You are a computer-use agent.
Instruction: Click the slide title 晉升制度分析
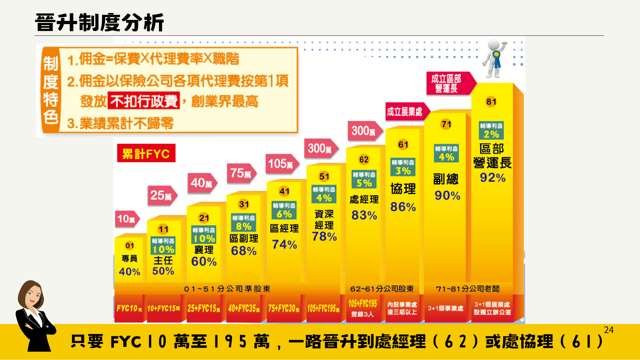tap(99, 23)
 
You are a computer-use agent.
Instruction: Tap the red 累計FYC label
tap(146, 153)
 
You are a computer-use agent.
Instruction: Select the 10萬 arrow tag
tap(127, 219)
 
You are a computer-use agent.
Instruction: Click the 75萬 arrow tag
tap(241, 173)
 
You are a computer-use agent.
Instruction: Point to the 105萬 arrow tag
tap(281, 164)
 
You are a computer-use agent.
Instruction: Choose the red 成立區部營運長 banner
tap(448, 83)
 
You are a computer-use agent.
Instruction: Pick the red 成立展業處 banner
tap(405, 112)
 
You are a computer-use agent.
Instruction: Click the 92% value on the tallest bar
tap(493, 178)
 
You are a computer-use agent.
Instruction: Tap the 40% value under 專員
tap(129, 272)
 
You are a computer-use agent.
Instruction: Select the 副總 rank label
tap(446, 179)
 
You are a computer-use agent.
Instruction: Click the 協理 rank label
tap(403, 189)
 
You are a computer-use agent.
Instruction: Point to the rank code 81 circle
tap(491, 102)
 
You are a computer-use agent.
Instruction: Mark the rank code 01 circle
tap(130, 246)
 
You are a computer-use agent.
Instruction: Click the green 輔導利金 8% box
tap(244, 223)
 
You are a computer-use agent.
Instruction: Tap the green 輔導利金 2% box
tap(491, 130)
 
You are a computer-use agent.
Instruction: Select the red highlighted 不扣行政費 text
tap(144, 101)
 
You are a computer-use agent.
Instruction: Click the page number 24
tap(609, 330)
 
